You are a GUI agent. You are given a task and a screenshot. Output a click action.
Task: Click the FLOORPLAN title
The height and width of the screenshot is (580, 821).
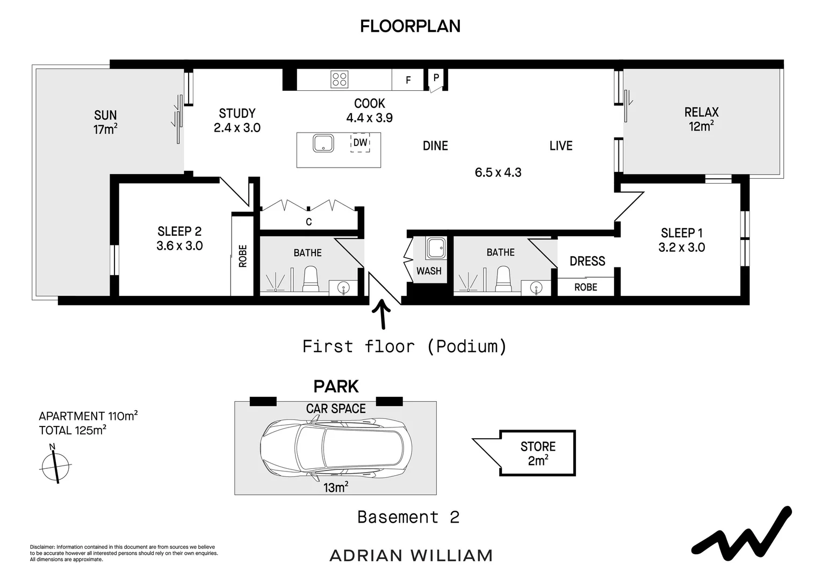click(410, 26)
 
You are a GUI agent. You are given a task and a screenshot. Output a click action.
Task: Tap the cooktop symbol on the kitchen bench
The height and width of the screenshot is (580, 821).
click(339, 79)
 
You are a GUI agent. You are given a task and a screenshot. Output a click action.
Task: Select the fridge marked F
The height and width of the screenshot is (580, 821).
click(408, 80)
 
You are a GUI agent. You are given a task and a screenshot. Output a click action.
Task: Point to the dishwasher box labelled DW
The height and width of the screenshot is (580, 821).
click(361, 142)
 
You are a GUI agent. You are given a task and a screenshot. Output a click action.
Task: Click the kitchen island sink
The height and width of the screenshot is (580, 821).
click(323, 143)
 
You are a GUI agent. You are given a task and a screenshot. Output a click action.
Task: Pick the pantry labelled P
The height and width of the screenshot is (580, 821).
click(436, 78)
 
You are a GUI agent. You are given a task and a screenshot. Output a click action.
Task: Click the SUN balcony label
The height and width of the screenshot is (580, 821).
click(105, 122)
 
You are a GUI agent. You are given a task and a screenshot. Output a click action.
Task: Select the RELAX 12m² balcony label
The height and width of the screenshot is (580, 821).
click(702, 119)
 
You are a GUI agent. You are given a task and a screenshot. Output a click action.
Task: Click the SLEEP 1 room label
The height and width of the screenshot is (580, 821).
click(682, 241)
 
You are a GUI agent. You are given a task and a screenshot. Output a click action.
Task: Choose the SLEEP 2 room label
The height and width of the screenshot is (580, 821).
click(179, 238)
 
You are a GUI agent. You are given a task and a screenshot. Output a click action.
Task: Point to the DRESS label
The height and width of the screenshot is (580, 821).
click(587, 261)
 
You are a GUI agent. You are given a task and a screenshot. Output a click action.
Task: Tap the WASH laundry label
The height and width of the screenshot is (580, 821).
click(429, 271)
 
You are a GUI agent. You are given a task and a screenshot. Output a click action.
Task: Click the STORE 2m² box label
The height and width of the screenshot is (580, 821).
click(538, 454)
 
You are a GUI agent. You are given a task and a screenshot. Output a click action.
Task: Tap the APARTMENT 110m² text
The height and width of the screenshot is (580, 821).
click(88, 416)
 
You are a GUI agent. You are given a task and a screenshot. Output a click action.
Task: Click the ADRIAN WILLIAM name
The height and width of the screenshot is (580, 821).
click(411, 556)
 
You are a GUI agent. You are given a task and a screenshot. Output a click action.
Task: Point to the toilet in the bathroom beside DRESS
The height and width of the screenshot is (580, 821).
click(503, 279)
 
